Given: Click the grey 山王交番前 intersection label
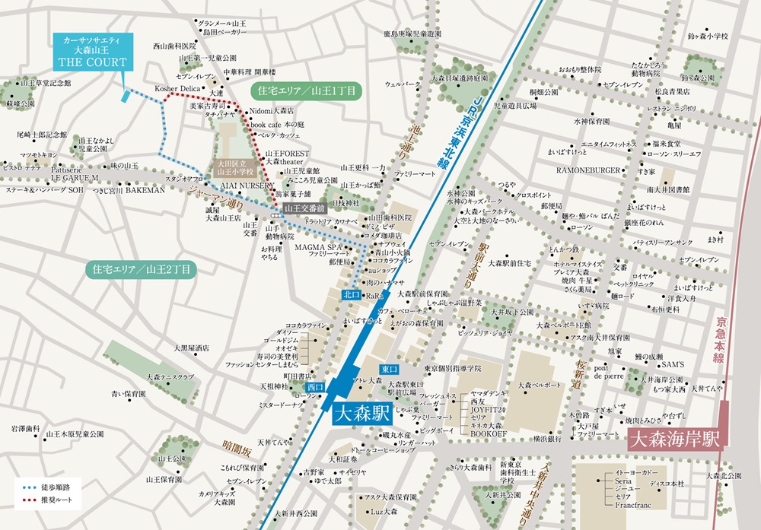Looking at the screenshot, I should [304, 206].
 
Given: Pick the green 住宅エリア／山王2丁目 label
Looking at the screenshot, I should [141, 268].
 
